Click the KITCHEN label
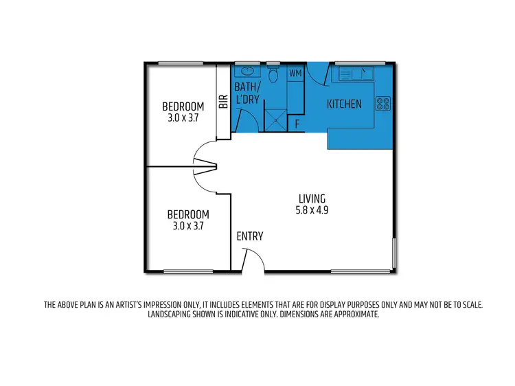coord(344,104)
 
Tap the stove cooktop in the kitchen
coord(383,104)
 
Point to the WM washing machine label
coord(295,73)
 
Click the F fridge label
coord(297,124)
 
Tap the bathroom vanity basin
coord(246,71)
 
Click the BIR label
coord(223,103)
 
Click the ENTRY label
coord(249,236)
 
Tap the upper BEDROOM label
coord(183,106)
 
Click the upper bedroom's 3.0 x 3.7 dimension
coord(183,117)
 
